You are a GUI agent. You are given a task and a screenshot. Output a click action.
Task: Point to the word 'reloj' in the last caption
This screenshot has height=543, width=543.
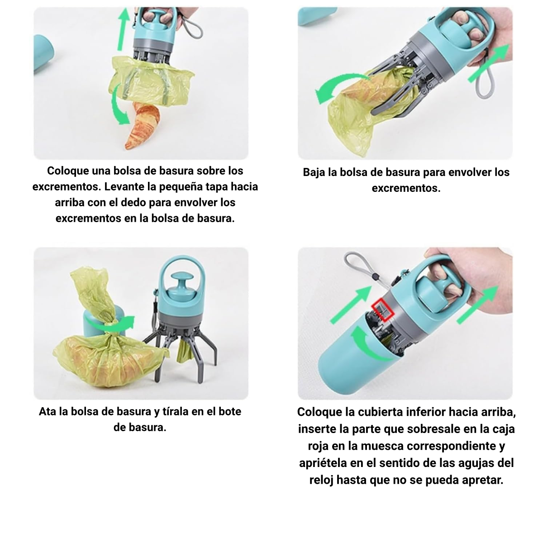click(x=321, y=480)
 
